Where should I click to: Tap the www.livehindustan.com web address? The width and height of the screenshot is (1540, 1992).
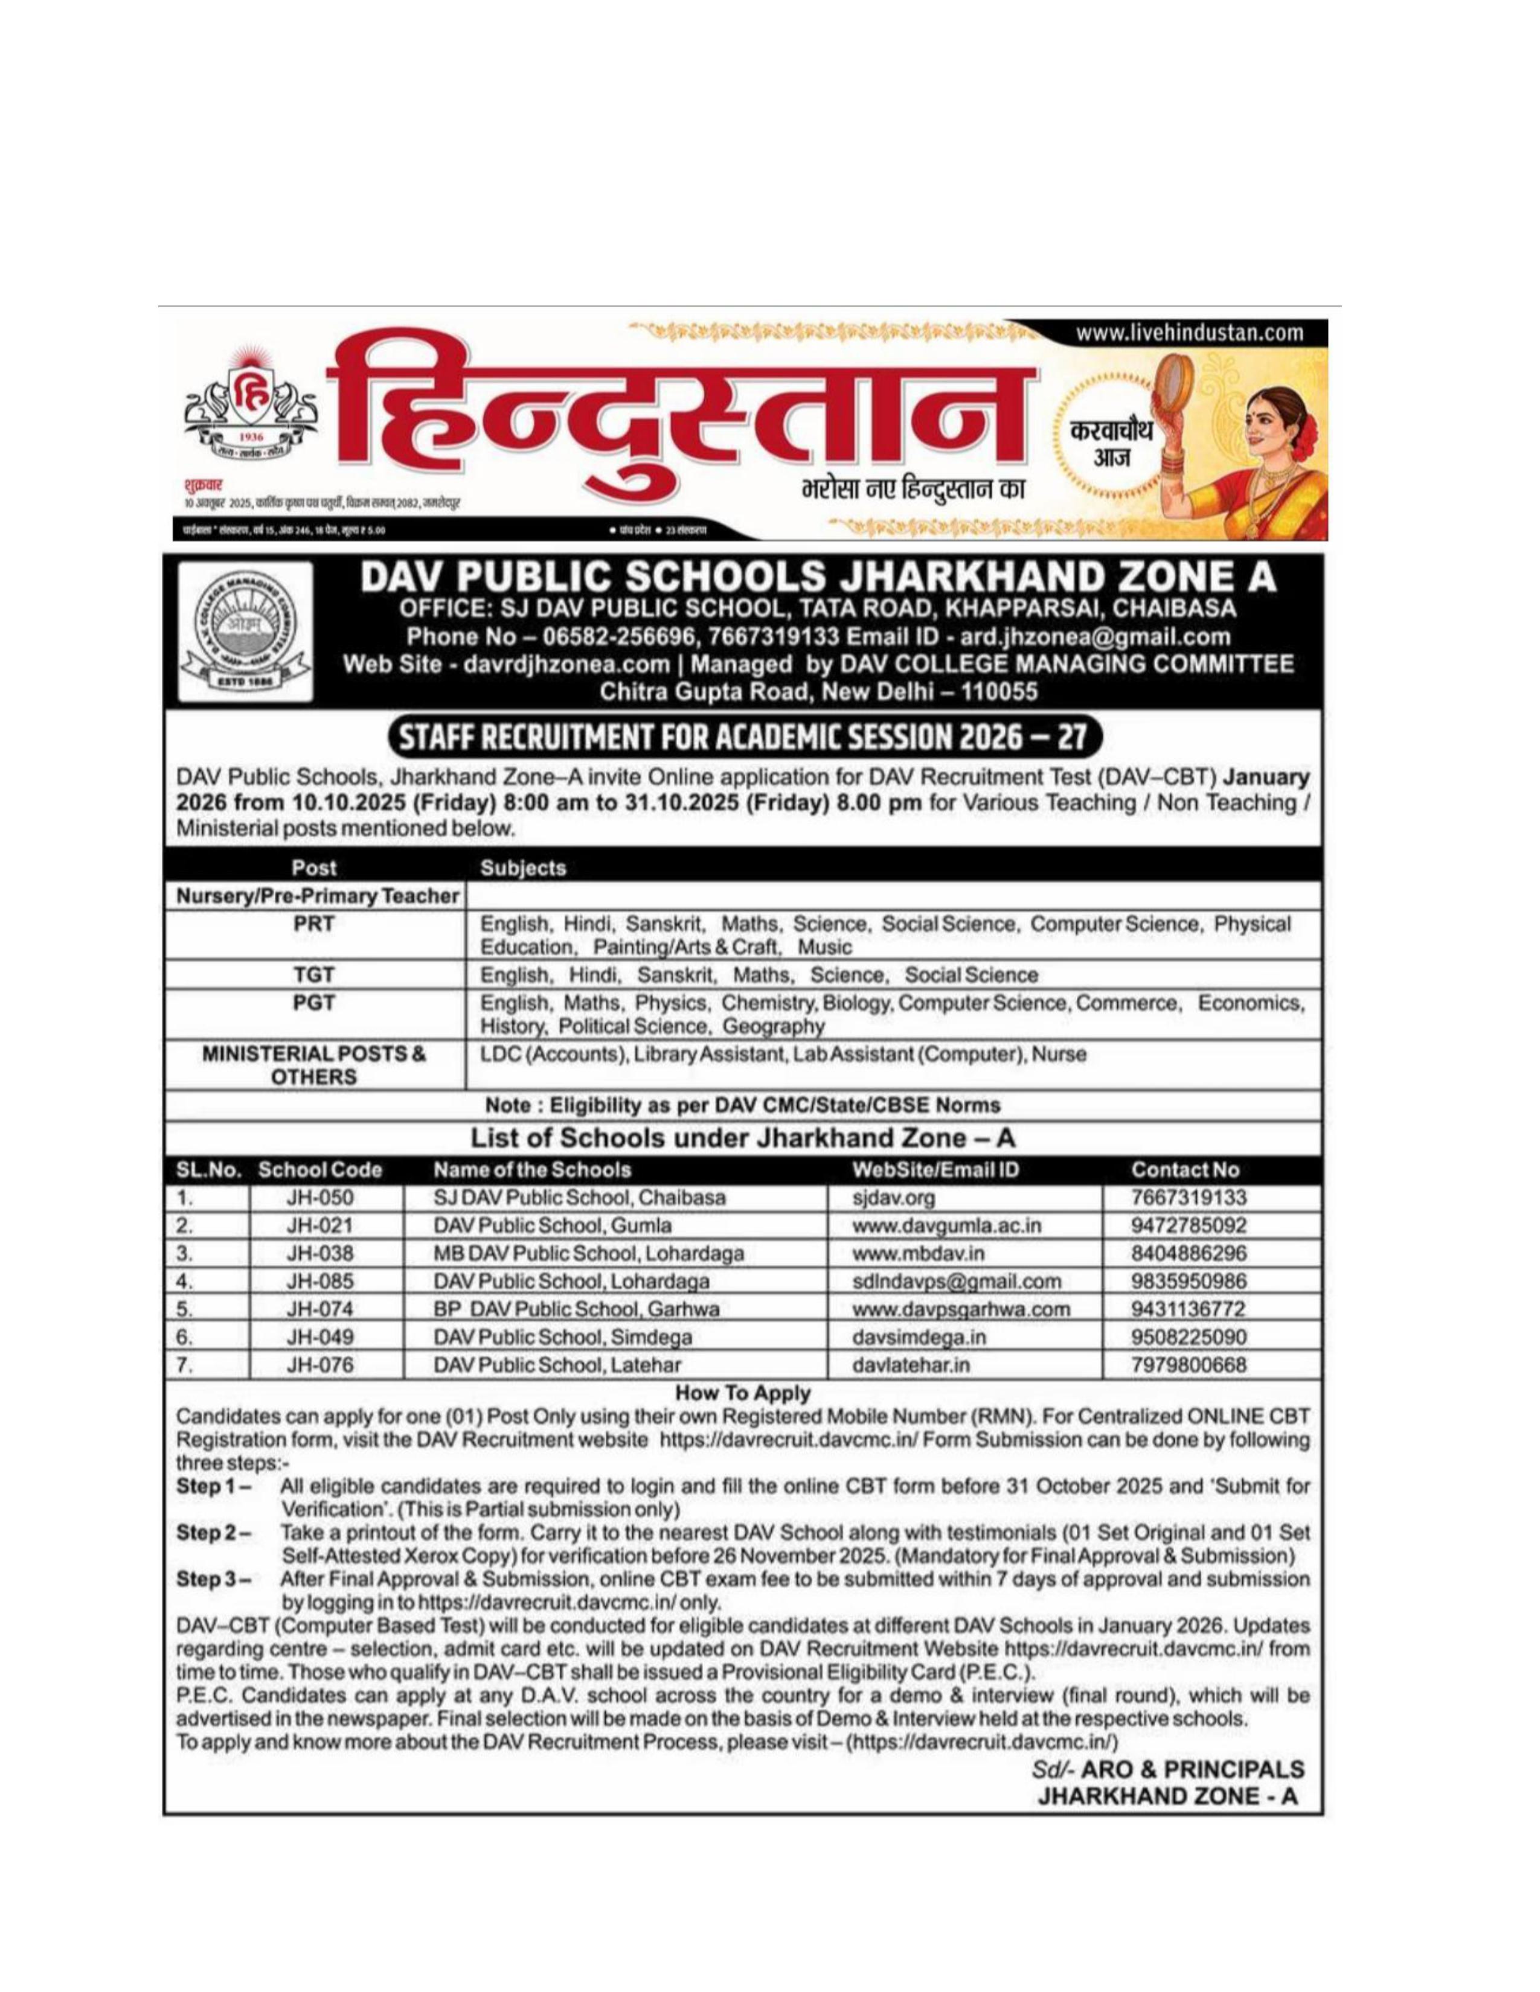1190,333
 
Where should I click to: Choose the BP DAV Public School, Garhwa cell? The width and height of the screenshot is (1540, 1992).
577,1310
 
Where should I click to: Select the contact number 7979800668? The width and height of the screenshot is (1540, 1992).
1188,1365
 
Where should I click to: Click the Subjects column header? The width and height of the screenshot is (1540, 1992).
523,868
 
